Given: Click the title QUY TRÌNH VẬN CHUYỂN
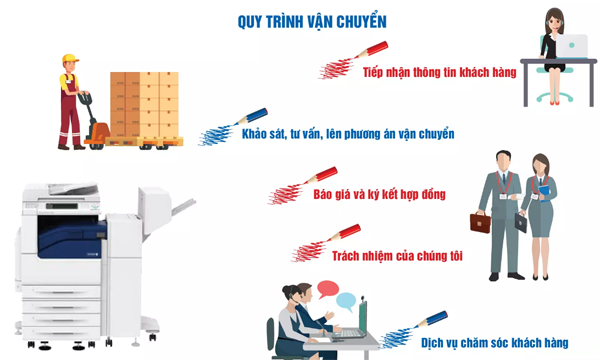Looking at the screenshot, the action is (312, 22).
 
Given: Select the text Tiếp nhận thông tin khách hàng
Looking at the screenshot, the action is (440, 72).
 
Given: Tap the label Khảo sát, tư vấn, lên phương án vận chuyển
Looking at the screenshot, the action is (348, 134).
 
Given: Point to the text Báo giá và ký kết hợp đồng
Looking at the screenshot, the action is (380, 194).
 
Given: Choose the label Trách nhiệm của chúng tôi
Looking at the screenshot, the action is (397, 256).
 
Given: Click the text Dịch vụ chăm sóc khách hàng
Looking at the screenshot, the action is (495, 343).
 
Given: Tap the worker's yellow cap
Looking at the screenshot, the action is (70, 58).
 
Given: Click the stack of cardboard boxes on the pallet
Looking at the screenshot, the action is (144, 104).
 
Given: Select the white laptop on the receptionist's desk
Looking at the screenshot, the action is (572, 46).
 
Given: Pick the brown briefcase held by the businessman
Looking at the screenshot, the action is (480, 223).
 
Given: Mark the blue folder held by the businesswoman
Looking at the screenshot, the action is (545, 193).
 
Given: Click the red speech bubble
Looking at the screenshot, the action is (328, 290).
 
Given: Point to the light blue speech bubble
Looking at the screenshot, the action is (346, 302).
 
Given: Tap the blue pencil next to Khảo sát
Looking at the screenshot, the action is (251, 116).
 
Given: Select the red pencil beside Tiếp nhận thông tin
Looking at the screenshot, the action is (371, 50).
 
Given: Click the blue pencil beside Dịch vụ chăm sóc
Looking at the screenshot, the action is (431, 319).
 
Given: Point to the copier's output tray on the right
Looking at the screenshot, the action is (184, 207).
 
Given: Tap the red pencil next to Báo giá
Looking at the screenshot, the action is (321, 175).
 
